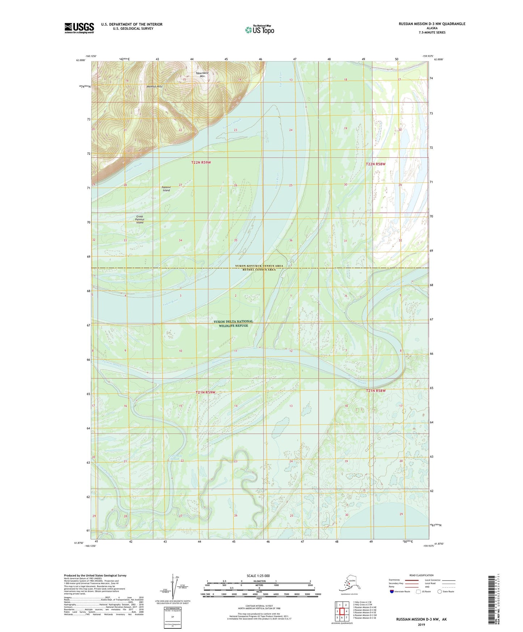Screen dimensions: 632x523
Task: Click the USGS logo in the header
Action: pos(79,28)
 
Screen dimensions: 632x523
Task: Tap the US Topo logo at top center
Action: pos(260,30)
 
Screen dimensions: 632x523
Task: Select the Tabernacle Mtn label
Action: pos(202,75)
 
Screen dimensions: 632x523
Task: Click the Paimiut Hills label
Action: pos(155,87)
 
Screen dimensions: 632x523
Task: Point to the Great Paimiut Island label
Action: pos(140,219)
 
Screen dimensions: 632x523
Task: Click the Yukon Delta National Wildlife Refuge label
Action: pos(233,324)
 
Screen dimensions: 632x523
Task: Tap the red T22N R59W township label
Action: pos(201,163)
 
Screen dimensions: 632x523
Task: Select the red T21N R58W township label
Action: pos(376,391)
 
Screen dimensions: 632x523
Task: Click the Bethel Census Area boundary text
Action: pos(259,270)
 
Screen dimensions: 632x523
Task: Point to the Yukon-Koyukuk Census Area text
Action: pos(259,266)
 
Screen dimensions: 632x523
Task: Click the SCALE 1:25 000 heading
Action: pos(258,576)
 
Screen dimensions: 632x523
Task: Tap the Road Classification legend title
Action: pos(421,575)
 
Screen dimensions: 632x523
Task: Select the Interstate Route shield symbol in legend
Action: pos(392,591)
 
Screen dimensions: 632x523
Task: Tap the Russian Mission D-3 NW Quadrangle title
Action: pos(432,24)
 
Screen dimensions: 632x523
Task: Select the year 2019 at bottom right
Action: pos(421,624)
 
